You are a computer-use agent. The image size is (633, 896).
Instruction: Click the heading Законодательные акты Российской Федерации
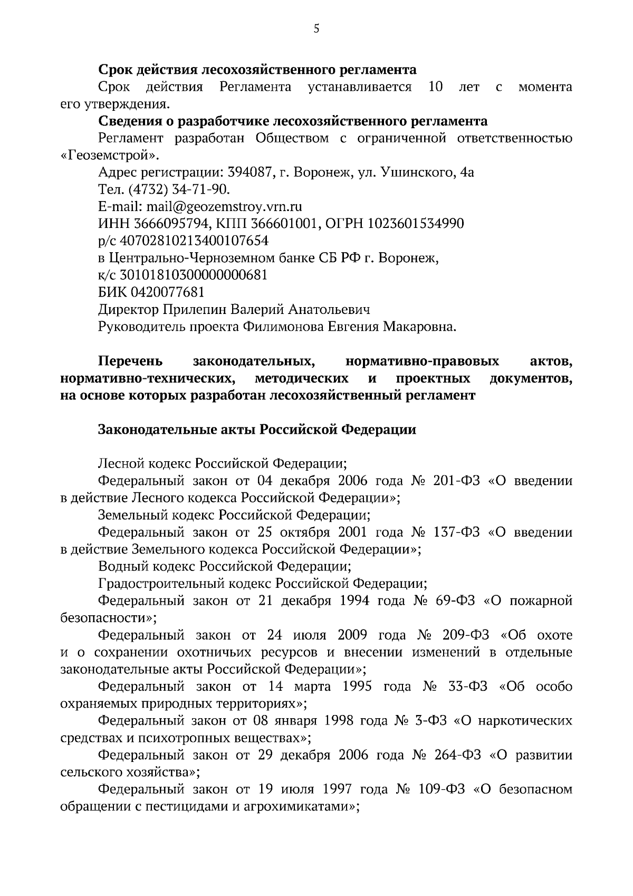click(x=257, y=430)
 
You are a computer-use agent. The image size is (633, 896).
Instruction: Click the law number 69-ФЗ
click(x=456, y=600)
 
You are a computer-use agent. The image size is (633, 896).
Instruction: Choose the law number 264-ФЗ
click(x=457, y=755)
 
